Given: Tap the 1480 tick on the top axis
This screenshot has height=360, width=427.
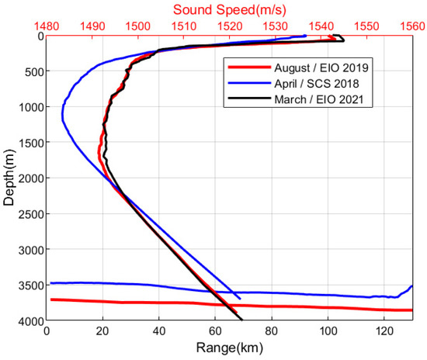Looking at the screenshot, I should pos(47,25).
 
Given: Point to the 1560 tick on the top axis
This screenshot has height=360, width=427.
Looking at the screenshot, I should pos(412,25).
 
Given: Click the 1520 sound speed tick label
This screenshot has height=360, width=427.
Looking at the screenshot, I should pos(229,25).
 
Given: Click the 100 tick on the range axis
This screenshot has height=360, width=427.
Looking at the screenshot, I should pos(328,331).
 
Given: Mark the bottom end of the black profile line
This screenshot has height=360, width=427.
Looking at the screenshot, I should pos(241,320).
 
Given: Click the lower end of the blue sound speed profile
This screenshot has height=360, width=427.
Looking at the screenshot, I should pos(240,299).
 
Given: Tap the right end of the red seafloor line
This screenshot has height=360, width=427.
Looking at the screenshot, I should pos(411,310).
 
